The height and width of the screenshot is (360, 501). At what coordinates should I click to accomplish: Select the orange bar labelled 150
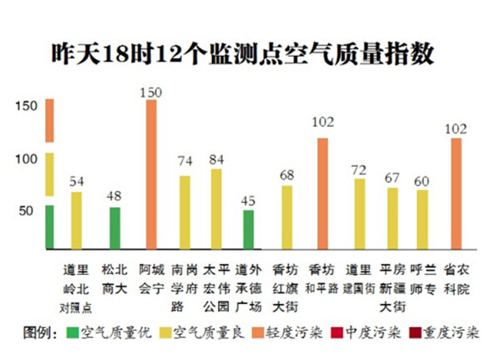pos(150,175)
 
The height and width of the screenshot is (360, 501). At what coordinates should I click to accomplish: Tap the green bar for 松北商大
pos(115,228)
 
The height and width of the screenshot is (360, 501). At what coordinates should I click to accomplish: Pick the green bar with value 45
pos(248,229)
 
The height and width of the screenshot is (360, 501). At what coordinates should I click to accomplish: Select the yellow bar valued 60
pos(423,219)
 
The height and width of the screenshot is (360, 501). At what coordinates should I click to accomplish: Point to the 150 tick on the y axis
pos(27,106)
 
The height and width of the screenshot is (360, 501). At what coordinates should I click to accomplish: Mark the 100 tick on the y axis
pos(27,159)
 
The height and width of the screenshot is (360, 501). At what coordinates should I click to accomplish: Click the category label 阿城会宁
pos(151,277)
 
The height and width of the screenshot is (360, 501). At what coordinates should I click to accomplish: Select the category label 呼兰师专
pos(423,277)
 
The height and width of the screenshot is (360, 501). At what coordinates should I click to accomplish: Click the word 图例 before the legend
pos(39,333)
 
